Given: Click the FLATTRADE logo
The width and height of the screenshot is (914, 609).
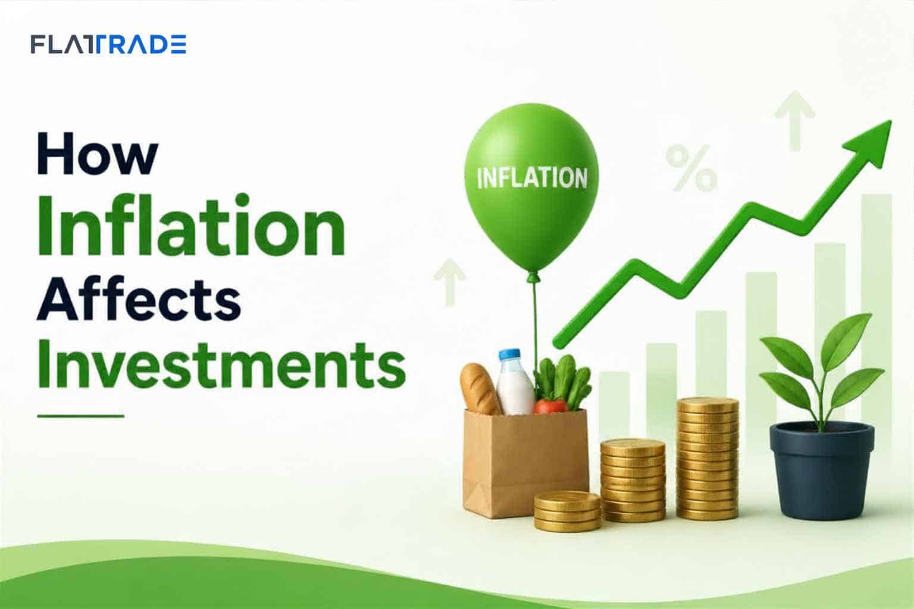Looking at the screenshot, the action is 108,45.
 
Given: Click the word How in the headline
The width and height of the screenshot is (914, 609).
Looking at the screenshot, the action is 98,153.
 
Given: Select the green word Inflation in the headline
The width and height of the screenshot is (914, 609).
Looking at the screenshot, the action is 192,225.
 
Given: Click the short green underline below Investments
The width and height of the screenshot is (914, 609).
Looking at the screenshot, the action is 81,416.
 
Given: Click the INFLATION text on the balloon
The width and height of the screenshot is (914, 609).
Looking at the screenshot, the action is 532,178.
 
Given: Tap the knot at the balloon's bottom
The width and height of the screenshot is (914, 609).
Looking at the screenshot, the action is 533,278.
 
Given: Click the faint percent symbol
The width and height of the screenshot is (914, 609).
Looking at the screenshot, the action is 691,168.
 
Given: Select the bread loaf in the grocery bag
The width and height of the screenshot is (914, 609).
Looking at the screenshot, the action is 480,389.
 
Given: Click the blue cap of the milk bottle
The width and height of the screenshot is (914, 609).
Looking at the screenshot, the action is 509,354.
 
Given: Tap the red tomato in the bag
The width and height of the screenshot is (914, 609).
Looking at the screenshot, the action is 550,407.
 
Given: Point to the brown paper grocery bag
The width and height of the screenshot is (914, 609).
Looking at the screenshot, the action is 525,463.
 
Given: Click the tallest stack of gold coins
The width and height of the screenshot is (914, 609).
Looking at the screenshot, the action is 708,459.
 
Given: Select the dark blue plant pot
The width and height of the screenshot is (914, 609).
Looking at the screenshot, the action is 822,471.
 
